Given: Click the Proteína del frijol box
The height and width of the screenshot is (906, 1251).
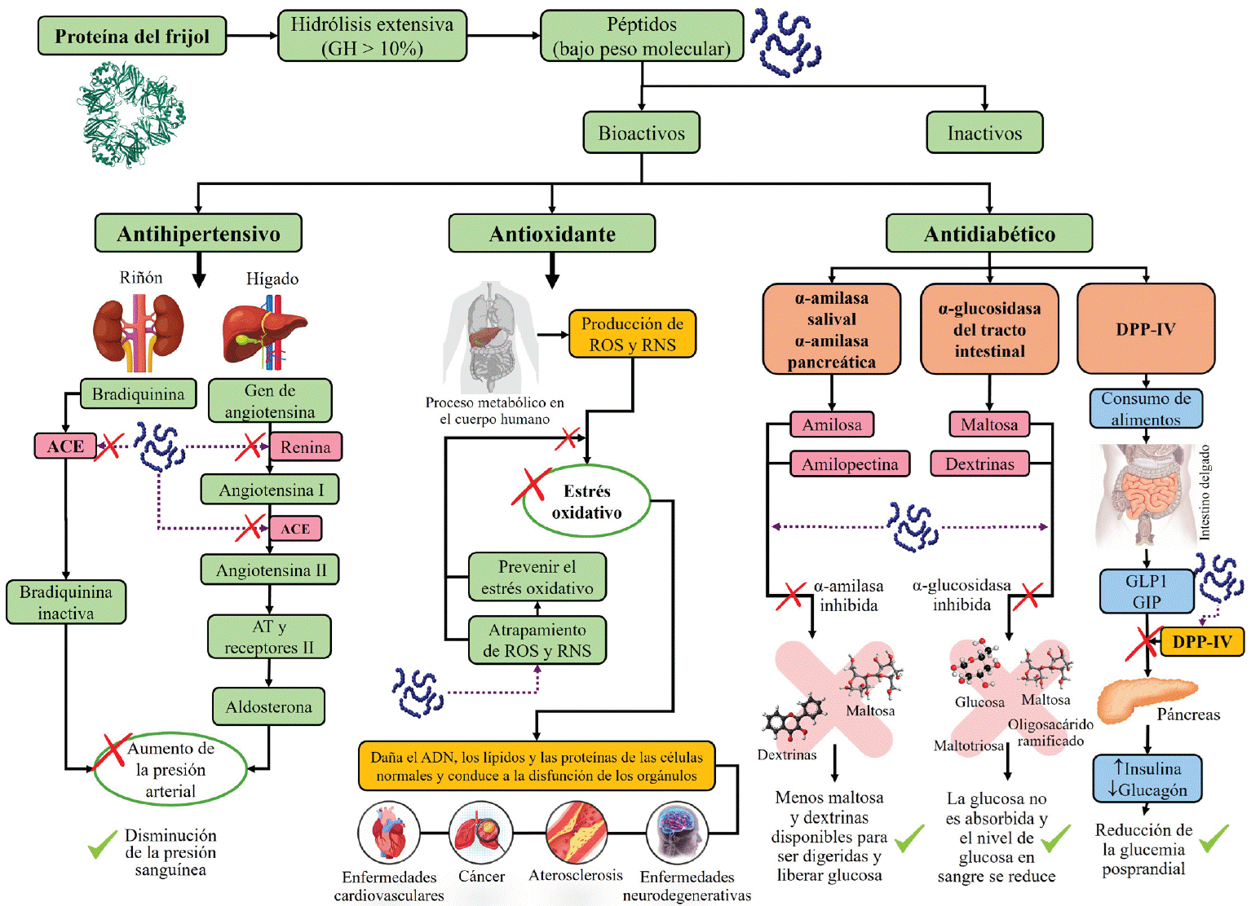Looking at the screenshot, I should pos(132,36).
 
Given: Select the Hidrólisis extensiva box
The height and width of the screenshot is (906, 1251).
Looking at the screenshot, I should pos(372,36).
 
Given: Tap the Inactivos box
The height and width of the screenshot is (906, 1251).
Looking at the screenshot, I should pos(984,133).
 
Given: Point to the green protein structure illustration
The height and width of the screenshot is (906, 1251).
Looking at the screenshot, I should pos(133,113).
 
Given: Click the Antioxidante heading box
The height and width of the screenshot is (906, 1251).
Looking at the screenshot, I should pos(552,234).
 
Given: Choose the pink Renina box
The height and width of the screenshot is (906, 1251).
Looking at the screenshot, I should pos(306,446).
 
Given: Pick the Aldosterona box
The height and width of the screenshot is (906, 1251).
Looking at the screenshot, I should pos(269,706).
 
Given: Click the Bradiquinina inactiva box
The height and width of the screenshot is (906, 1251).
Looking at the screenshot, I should pos(66,602).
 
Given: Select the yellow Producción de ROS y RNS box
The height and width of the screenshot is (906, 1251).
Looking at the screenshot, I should pos(632,334).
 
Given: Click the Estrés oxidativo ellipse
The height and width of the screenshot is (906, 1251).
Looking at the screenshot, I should pos(586,502).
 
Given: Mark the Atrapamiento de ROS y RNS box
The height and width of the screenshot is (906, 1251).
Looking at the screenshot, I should pos(537,640).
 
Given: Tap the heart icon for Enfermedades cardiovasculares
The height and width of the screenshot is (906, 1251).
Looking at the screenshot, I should pos(389,833).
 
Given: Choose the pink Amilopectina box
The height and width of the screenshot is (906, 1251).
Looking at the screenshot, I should pos(850,464).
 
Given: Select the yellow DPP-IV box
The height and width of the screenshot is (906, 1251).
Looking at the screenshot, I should pos(1202,641).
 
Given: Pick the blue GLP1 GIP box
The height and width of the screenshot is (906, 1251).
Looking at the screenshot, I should pos(1146,592).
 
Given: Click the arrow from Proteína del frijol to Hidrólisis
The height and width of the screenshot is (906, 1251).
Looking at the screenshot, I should pos(251,36).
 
